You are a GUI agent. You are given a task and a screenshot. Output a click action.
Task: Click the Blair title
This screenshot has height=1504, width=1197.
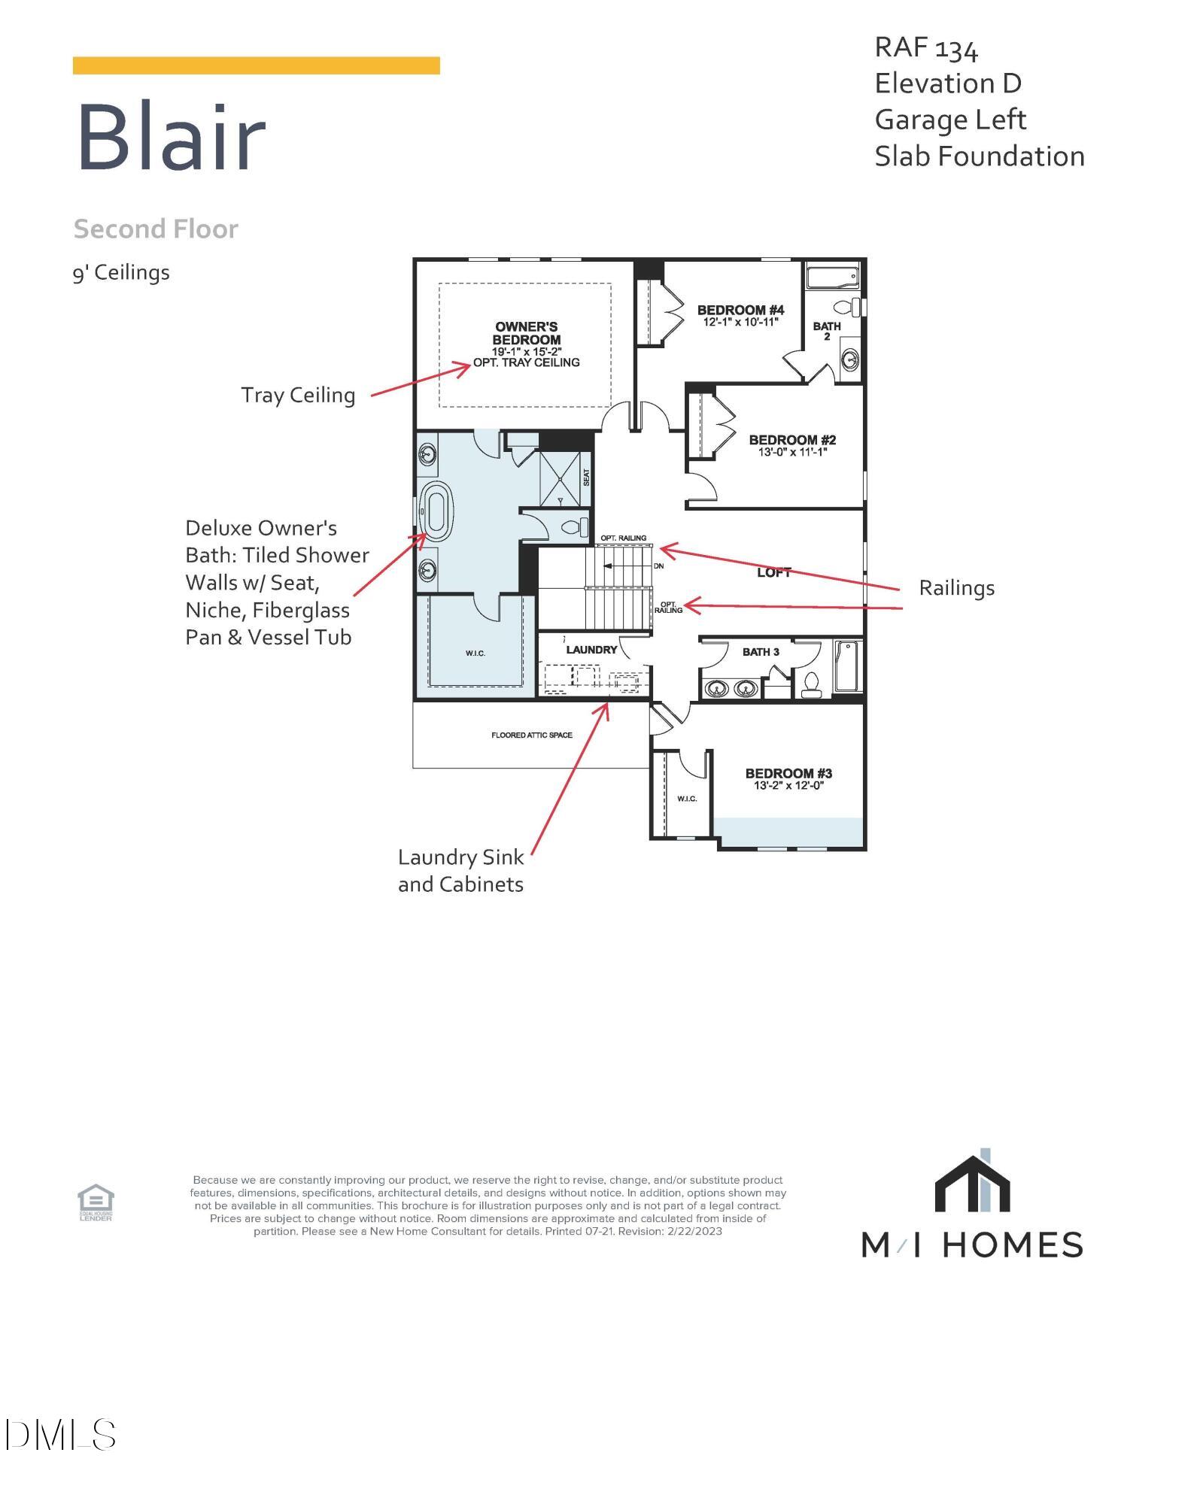point(172,138)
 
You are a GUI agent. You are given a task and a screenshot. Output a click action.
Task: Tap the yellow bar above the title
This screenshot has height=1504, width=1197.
point(256,65)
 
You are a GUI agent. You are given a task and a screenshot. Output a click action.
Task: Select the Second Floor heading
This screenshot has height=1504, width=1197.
point(156,229)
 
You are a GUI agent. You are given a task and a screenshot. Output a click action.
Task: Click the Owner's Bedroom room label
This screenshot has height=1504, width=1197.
point(526,333)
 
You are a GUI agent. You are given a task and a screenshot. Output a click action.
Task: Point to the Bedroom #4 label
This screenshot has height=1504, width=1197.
point(740,310)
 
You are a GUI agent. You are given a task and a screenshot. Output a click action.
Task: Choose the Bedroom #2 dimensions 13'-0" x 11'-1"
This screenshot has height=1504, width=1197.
point(792,452)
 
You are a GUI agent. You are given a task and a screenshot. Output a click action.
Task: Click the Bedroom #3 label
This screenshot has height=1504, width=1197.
point(788,773)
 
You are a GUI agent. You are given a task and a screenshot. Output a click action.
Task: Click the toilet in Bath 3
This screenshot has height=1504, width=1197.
point(810,683)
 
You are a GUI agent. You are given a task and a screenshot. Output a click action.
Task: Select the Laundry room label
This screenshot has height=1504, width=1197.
point(591,650)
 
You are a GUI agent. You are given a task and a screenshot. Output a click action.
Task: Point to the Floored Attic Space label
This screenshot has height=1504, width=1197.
point(531,735)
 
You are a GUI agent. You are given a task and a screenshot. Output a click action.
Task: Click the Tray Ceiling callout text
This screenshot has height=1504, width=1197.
point(298,395)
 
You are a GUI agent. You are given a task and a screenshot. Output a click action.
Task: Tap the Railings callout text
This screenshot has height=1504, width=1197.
point(956,588)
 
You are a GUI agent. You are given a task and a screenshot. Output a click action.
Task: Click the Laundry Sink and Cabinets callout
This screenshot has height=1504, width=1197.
point(460,871)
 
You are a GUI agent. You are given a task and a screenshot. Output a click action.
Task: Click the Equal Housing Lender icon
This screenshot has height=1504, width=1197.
point(96,1202)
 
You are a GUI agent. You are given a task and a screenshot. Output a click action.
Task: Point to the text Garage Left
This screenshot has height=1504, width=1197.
point(950,120)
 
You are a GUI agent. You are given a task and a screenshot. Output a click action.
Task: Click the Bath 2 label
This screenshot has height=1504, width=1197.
point(826,331)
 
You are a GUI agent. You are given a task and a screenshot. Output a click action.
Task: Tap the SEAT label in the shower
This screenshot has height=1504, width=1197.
point(587,477)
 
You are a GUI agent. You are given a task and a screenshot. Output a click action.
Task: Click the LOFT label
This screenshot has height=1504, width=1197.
point(773,573)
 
